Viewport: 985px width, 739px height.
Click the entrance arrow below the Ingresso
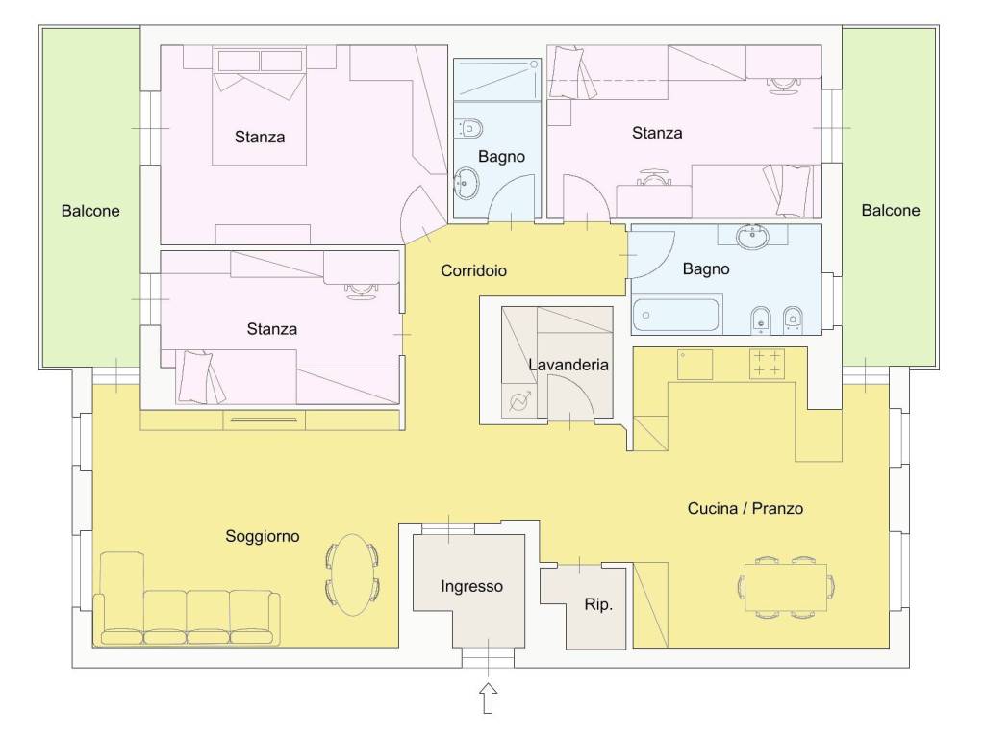[488, 699]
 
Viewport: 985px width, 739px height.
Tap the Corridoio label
[473, 270]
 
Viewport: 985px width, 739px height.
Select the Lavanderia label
[568, 365]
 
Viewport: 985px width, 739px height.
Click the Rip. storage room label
[598, 604]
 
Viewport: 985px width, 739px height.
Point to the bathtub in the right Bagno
[675, 315]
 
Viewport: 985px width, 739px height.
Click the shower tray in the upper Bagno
[497, 79]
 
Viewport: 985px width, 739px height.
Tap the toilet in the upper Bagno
[467, 128]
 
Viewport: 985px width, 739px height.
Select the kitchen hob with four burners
[767, 364]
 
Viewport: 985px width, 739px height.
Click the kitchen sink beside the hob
[695, 365]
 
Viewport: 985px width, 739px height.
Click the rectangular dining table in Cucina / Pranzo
[786, 587]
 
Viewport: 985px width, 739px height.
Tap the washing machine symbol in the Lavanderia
[518, 399]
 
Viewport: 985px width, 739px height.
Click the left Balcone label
[90, 211]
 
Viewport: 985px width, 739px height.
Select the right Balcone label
[891, 210]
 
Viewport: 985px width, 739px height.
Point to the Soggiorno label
[263, 536]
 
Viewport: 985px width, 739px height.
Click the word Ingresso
[471, 586]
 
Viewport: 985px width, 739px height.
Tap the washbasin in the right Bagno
[752, 236]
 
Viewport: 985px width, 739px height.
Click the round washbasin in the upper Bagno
[466, 183]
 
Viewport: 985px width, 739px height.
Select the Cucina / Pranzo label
[745, 508]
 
